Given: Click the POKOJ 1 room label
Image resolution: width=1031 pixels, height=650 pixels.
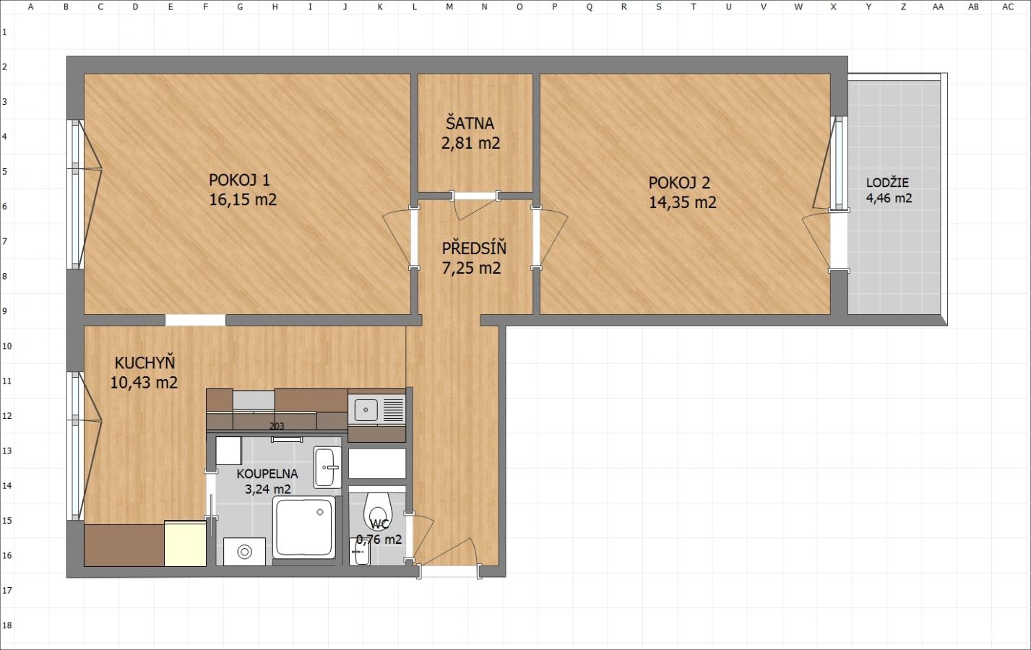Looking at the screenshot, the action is (x=239, y=180).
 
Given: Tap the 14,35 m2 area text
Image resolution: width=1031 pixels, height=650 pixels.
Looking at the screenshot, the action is (x=683, y=202).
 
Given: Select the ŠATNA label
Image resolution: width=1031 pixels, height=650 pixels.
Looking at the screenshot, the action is (x=470, y=123).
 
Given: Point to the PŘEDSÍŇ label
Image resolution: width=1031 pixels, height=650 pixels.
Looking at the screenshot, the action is (x=474, y=248).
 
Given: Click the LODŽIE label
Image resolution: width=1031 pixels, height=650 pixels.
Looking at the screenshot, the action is (x=887, y=182).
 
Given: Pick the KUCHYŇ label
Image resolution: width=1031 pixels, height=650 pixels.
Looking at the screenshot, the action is (x=144, y=363).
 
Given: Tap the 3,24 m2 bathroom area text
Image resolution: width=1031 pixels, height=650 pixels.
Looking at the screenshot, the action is (x=267, y=489).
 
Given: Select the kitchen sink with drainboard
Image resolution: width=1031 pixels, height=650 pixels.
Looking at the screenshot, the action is (x=376, y=409).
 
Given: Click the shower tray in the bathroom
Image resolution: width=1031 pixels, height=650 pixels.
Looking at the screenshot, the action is (x=303, y=527).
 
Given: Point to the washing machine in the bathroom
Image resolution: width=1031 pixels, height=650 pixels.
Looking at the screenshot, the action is (x=244, y=552).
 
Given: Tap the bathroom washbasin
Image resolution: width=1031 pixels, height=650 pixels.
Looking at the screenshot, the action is (x=327, y=467).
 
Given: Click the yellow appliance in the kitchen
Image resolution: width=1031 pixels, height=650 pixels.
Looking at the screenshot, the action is (x=185, y=543).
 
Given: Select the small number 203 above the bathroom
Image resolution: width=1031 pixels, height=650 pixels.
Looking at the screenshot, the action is (x=277, y=426).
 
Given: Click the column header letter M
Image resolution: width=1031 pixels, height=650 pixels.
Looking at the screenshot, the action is (x=449, y=7).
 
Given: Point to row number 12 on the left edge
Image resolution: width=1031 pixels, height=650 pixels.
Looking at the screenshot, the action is (x=7, y=416).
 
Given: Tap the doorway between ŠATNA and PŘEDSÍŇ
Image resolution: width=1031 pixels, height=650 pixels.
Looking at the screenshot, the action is (x=475, y=196).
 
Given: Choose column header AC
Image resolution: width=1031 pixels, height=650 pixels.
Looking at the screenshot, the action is (x=1008, y=7).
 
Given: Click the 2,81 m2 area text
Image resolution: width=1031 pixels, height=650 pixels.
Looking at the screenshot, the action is (x=470, y=143).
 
